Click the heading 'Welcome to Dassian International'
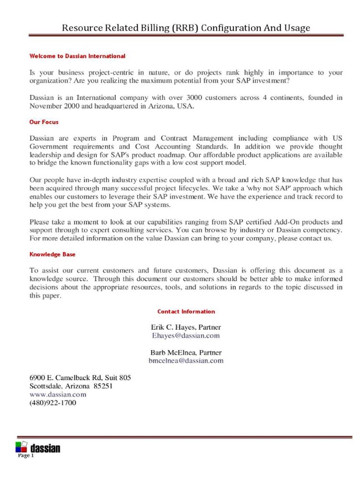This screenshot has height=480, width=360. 77,56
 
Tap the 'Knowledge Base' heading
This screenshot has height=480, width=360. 52,254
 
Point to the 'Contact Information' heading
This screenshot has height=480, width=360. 186,311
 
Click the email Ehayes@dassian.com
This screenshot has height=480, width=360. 186,336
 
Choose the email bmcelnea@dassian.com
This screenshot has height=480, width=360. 186,360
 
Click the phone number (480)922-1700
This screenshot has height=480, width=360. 52,403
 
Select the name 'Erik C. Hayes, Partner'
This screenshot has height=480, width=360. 186,327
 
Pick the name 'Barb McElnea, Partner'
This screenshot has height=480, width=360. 186,352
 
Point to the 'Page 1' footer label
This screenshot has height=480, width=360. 26,456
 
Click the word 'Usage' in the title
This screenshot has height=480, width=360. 296,28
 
